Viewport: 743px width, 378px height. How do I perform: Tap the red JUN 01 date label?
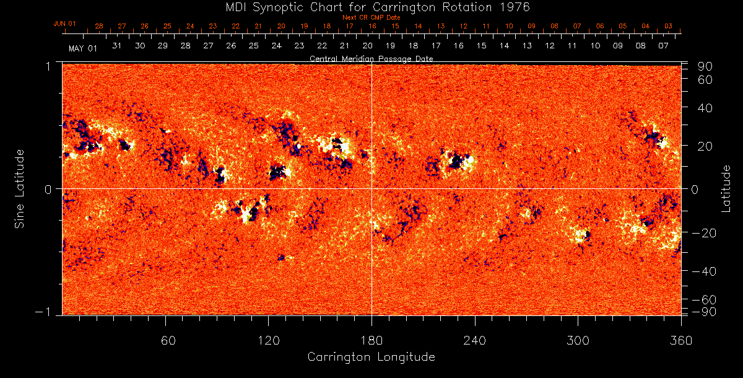pyautogui.click(x=64, y=24)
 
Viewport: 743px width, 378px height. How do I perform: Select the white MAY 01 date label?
pyautogui.click(x=83, y=48)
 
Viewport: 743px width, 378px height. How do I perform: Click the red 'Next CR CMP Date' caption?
pyautogui.click(x=371, y=17)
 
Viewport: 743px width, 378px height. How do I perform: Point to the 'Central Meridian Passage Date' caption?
pyautogui.click(x=371, y=58)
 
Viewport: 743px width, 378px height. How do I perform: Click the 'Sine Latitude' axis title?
pyautogui.click(x=20, y=188)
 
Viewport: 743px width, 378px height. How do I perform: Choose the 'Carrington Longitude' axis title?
pyautogui.click(x=371, y=357)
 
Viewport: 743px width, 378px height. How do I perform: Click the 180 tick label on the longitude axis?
pyautogui.click(x=371, y=340)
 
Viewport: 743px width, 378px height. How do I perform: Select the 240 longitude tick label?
pyautogui.click(x=475, y=340)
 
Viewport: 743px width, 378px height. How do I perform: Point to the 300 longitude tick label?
pyautogui.click(x=578, y=340)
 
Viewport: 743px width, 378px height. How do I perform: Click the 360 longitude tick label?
pyautogui.click(x=680, y=340)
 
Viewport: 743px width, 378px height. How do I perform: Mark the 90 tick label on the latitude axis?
pyautogui.click(x=706, y=66)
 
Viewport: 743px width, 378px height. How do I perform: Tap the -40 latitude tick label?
pyautogui.click(x=702, y=271)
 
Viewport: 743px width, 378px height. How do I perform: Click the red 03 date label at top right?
pyautogui.click(x=669, y=27)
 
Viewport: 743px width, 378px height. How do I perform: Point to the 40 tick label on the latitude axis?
pyautogui.click(x=706, y=108)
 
